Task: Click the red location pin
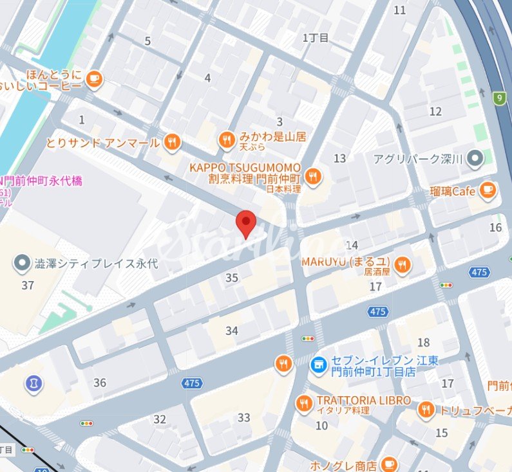click(246, 223)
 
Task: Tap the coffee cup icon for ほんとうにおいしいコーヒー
click(95, 78)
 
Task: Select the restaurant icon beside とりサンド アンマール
click(171, 142)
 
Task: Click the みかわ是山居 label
click(272, 137)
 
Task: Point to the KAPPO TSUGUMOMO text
click(245, 167)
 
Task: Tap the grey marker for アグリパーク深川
click(475, 157)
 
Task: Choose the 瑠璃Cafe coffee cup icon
click(488, 190)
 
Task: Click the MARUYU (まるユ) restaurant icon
click(403, 265)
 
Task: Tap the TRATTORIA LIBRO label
click(363, 400)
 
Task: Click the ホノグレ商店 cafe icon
click(388, 464)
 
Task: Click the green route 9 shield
click(498, 98)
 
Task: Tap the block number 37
click(27, 285)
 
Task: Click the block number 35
click(232, 278)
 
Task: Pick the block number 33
click(243, 418)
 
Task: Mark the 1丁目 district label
click(316, 38)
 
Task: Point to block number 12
click(435, 111)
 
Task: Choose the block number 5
click(147, 41)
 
